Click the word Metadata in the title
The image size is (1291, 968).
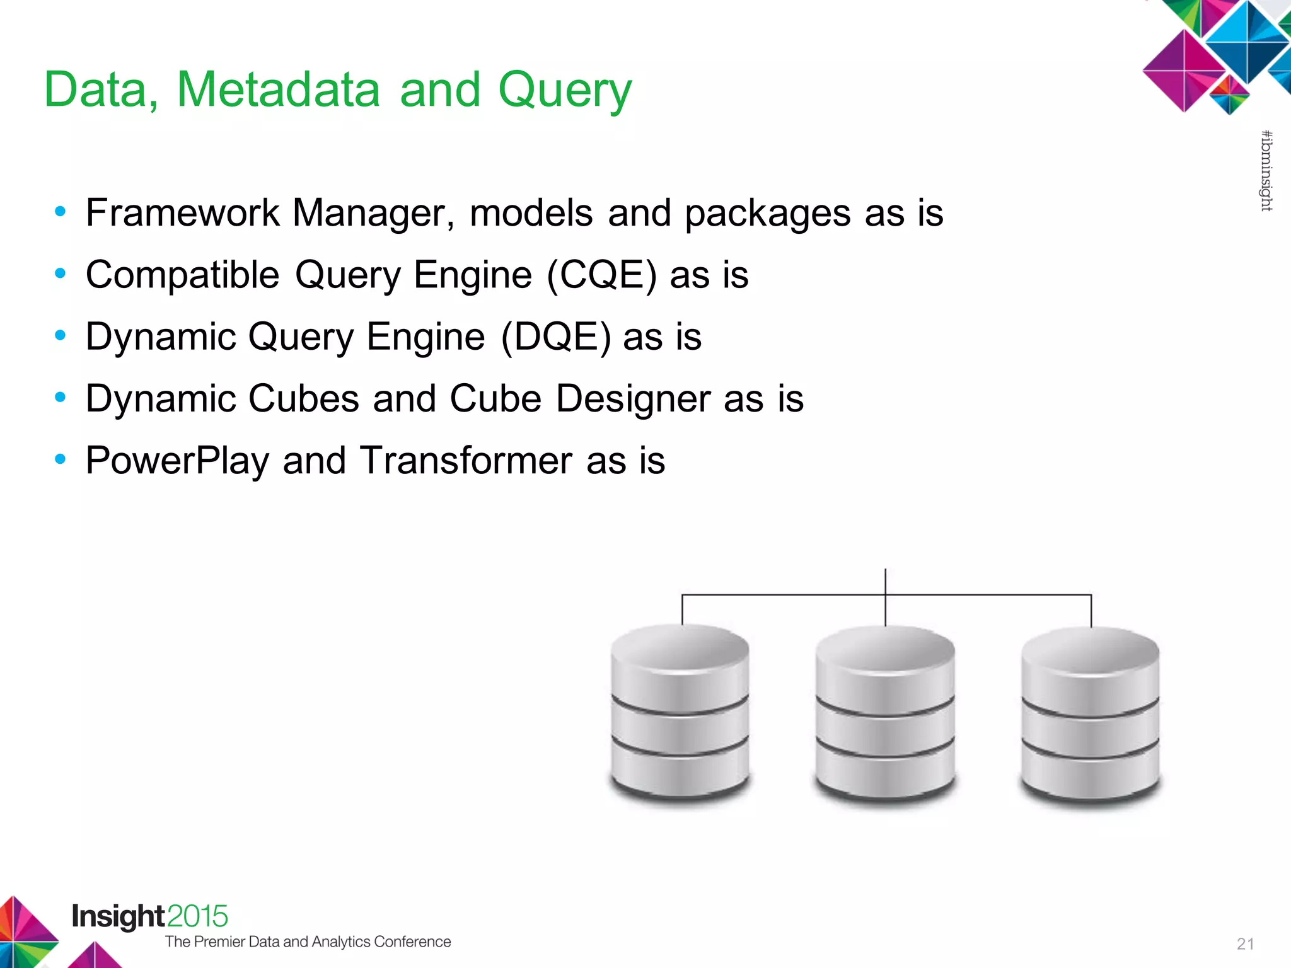pyautogui.click(x=278, y=89)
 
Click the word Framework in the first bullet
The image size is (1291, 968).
pyautogui.click(x=182, y=212)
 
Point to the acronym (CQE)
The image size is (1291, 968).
pyautogui.click(x=601, y=275)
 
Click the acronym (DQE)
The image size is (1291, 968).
pyautogui.click(x=555, y=337)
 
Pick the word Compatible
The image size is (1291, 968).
pyautogui.click(x=182, y=275)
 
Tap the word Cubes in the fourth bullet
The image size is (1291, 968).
pyautogui.click(x=304, y=399)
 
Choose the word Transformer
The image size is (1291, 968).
pyautogui.click(x=466, y=461)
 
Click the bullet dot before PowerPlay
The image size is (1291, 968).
pyautogui.click(x=61, y=459)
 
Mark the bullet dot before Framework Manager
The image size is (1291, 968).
pyautogui.click(x=61, y=212)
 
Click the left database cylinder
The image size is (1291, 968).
pyautogui.click(x=680, y=712)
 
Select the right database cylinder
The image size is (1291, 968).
pyautogui.click(x=1091, y=715)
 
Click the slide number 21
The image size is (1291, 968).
pyautogui.click(x=1245, y=943)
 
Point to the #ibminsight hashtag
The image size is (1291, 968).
pyautogui.click(x=1266, y=170)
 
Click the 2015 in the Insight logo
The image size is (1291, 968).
pyautogui.click(x=197, y=916)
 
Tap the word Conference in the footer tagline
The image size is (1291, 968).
pyautogui.click(x=412, y=942)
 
